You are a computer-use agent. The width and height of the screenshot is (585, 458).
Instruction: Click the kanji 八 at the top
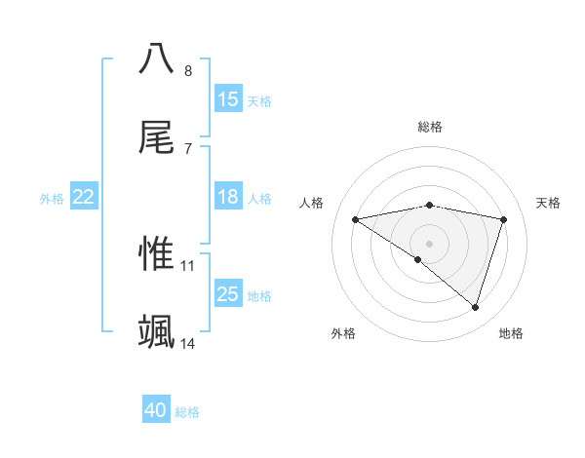click(157, 57)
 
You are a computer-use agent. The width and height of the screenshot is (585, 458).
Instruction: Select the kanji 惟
click(157, 252)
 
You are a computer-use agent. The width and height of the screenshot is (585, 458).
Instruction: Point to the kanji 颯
click(157, 330)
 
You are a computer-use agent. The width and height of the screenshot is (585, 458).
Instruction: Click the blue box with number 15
click(228, 99)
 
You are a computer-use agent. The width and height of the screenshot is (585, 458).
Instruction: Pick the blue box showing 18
click(228, 198)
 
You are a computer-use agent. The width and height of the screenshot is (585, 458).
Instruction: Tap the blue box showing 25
click(228, 294)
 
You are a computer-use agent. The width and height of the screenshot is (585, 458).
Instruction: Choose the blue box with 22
click(83, 198)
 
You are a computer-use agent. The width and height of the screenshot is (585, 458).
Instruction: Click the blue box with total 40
click(156, 411)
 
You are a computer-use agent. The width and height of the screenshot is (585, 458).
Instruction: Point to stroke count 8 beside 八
click(188, 71)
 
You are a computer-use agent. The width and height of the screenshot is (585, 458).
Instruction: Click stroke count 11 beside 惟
click(188, 265)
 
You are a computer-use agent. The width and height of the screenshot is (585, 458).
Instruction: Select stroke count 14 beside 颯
click(188, 344)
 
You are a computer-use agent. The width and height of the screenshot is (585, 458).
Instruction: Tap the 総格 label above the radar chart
click(430, 127)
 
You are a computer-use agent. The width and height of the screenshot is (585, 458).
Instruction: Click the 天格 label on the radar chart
click(549, 203)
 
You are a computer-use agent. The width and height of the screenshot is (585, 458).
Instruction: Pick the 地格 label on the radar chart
click(511, 333)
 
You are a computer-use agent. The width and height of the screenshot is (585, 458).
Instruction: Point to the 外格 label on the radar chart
click(343, 333)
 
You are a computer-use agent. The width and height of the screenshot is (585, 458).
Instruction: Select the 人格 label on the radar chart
click(312, 203)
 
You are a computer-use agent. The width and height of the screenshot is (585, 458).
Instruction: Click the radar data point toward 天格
click(504, 219)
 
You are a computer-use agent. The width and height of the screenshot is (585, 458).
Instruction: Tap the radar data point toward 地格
click(476, 307)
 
